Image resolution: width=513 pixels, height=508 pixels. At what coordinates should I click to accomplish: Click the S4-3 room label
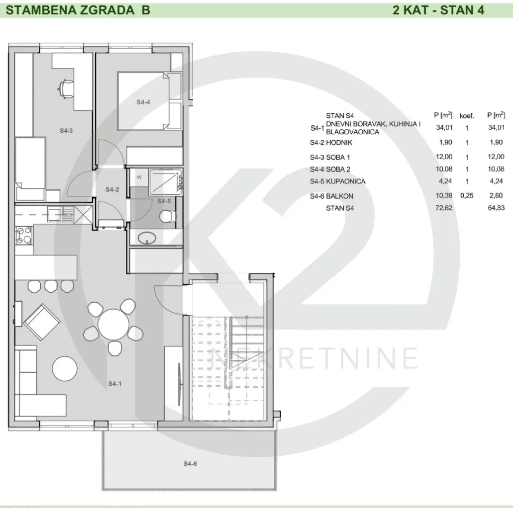coord(66,131)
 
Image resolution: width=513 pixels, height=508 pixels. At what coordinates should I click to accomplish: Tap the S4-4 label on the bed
coord(143,102)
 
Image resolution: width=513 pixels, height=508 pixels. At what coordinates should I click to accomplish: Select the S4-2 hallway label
coord(112,189)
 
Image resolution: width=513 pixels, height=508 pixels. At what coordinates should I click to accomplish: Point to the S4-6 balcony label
coord(190,464)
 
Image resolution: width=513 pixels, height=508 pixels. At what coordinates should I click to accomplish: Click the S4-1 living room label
coord(115,384)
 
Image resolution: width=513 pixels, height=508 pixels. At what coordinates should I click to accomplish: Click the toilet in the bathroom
coord(168,216)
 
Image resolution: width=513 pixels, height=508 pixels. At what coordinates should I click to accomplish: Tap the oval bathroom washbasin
coord(147,238)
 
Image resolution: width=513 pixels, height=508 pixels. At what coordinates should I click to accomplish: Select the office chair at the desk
coord(66,87)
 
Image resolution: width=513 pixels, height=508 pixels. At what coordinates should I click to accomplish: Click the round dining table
coord(113,324)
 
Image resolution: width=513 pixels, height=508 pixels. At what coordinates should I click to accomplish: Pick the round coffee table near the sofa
coord(65,368)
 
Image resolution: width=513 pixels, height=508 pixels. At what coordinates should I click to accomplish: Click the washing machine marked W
coord(139,177)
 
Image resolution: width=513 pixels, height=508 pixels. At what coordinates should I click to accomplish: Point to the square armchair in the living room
coord(42,322)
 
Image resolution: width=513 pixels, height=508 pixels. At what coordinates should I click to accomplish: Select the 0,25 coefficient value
coord(467,195)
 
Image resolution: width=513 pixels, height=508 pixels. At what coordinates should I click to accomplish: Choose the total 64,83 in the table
coord(496,208)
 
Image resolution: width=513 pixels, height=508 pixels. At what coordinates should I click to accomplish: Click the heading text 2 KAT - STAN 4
coord(438,10)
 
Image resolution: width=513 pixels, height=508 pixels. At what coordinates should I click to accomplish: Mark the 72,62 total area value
coord(444,208)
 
